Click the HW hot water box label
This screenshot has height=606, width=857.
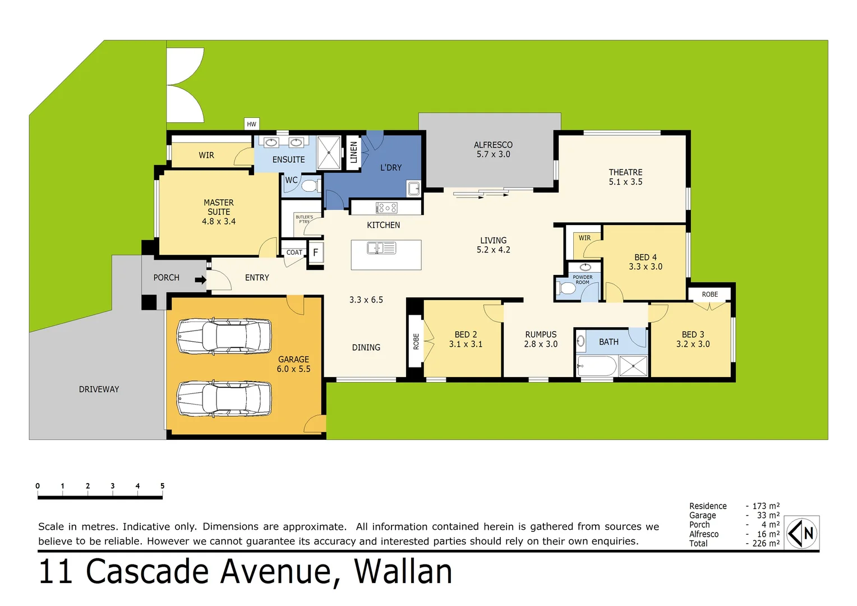click(252, 124)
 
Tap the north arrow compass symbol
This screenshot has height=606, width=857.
click(801, 533)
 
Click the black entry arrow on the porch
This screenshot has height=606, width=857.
click(200, 280)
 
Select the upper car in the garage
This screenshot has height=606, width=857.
click(224, 337)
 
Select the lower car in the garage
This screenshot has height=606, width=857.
click(224, 398)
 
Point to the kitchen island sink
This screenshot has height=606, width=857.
click(381, 248)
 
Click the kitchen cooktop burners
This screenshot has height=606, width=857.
click(386, 208)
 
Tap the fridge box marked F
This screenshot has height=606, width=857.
click(316, 252)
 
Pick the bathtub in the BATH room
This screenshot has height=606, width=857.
click(597, 366)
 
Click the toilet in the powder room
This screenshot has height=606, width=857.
click(567, 288)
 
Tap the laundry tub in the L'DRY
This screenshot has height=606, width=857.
click(414, 189)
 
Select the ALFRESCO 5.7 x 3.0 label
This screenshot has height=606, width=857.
click(493, 149)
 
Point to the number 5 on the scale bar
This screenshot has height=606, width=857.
click(162, 486)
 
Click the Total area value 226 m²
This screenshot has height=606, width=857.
click(766, 543)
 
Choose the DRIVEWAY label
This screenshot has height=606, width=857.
click(99, 389)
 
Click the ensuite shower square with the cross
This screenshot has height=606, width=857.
click(329, 152)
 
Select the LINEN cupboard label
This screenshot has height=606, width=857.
click(353, 152)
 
